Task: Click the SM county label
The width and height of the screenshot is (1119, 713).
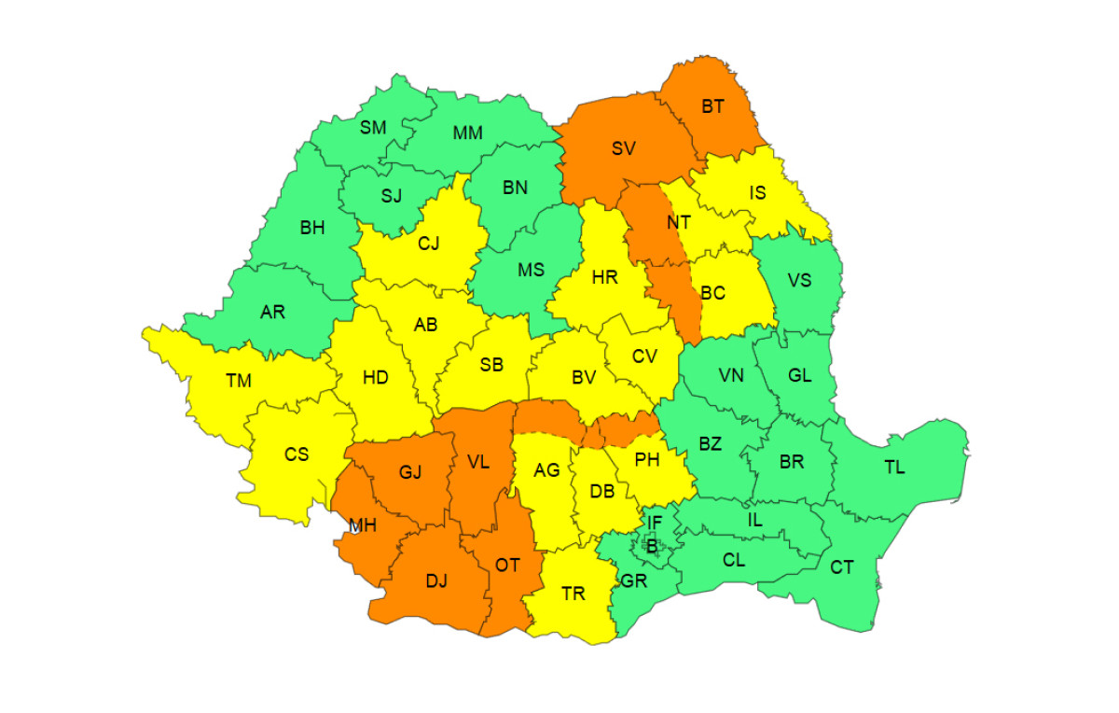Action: pyautogui.click(x=373, y=128)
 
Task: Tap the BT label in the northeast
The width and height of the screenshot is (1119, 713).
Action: pyautogui.click(x=712, y=106)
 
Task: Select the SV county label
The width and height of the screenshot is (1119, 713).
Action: pyautogui.click(x=624, y=147)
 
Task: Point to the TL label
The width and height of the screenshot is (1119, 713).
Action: pyautogui.click(x=894, y=468)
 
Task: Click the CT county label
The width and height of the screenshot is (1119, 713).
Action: pyautogui.click(x=842, y=566)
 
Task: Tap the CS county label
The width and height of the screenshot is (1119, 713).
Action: pyautogui.click(x=297, y=454)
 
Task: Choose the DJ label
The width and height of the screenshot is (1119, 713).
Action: pyautogui.click(x=436, y=581)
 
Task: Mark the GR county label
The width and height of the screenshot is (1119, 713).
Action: pyautogui.click(x=633, y=580)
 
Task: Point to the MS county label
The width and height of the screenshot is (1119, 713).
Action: pyautogui.click(x=531, y=270)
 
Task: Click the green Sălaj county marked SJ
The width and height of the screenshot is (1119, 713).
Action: pyautogui.click(x=392, y=196)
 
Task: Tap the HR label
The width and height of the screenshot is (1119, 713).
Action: pyautogui.click(x=604, y=277)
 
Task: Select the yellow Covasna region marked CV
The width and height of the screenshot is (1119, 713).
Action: pyautogui.click(x=644, y=356)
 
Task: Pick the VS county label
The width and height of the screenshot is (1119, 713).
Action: pyautogui.click(x=799, y=280)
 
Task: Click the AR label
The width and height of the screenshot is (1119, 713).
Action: pyautogui.click(x=272, y=312)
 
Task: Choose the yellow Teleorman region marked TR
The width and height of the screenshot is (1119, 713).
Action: pyautogui.click(x=573, y=594)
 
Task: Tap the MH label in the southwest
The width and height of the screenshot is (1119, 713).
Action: pyautogui.click(x=362, y=525)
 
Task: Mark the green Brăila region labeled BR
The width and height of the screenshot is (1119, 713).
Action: pyautogui.click(x=792, y=461)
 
